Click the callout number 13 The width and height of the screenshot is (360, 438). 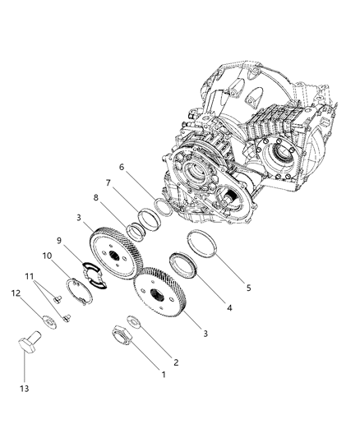pyautogui.click(x=25, y=388)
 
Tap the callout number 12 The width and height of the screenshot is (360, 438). pyautogui.click(x=16, y=293)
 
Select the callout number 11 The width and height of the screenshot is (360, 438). pyautogui.click(x=30, y=277)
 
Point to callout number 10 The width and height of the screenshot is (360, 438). pyautogui.click(x=47, y=256)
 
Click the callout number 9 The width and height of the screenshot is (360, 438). pyautogui.click(x=59, y=241)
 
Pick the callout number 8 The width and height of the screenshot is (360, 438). pyautogui.click(x=96, y=198)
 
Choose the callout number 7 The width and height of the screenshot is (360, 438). pyautogui.click(x=108, y=182)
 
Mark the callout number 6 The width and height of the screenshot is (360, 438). pyautogui.click(x=121, y=167)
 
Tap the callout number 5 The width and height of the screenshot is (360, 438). pyautogui.click(x=248, y=288)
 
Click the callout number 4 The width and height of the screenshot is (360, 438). pyautogui.click(x=229, y=308)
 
